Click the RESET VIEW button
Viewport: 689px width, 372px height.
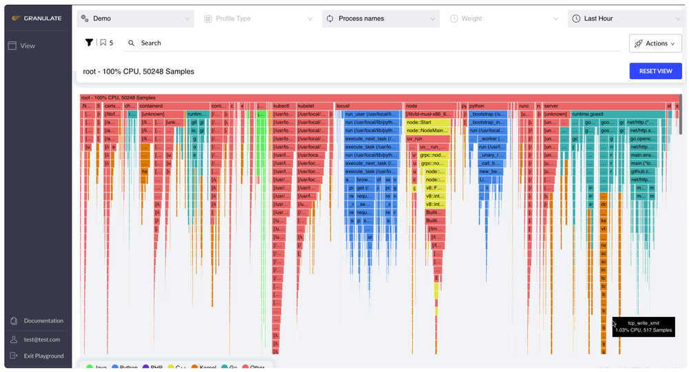[x=655, y=71]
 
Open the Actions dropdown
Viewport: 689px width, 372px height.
[x=655, y=43]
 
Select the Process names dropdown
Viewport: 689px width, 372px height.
[x=381, y=19]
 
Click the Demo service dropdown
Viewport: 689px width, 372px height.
[x=135, y=19]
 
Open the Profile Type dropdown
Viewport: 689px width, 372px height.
[x=258, y=19]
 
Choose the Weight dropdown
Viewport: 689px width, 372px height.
[x=504, y=19]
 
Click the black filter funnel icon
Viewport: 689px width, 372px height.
[x=89, y=43]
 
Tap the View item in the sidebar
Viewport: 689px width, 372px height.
[x=28, y=45]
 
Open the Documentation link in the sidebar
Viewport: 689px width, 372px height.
[x=43, y=320]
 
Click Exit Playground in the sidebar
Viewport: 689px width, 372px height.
[x=43, y=355]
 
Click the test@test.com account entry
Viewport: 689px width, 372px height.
[x=41, y=339]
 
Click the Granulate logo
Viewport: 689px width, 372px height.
[x=37, y=19]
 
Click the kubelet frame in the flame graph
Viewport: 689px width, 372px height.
[x=313, y=106]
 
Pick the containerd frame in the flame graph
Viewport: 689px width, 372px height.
[x=172, y=106]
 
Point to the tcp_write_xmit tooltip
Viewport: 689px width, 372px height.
[x=643, y=327]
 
